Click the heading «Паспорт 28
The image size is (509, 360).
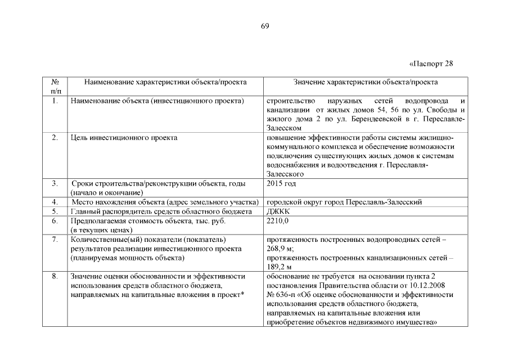click(x=431, y=62)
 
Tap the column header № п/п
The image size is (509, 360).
click(x=55, y=86)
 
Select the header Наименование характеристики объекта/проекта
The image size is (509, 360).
click(x=165, y=82)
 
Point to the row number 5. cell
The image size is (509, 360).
click(x=55, y=211)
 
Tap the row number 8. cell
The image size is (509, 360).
click(x=55, y=276)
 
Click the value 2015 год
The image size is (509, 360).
click(x=281, y=183)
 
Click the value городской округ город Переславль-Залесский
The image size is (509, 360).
click(x=344, y=202)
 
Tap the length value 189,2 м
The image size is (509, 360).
click(x=280, y=267)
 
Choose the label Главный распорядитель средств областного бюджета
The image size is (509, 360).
click(x=161, y=211)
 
